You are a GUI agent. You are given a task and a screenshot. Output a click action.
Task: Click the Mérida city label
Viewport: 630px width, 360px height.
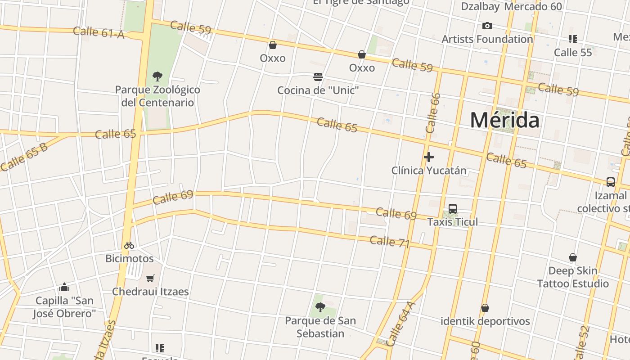click(x=504, y=120)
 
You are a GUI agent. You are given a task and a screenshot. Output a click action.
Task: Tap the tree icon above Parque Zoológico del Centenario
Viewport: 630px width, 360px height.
click(x=157, y=76)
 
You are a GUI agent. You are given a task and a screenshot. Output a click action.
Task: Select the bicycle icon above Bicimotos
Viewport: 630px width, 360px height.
click(x=129, y=245)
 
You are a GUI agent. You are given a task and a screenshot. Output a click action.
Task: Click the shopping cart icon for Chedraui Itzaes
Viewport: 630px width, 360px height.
click(x=150, y=278)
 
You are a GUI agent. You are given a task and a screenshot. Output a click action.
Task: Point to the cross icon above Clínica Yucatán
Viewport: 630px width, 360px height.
click(x=429, y=157)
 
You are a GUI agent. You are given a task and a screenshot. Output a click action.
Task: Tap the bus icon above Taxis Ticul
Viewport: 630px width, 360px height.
click(x=453, y=209)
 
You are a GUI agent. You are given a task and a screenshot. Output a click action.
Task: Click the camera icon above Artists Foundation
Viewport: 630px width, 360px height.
click(x=487, y=26)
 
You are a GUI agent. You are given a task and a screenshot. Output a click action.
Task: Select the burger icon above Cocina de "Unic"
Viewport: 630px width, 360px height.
click(x=318, y=77)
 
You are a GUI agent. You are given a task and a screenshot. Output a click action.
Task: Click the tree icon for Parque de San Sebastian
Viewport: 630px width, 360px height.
click(x=320, y=307)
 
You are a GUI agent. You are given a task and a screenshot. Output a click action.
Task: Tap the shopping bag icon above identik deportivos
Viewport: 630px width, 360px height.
click(x=485, y=308)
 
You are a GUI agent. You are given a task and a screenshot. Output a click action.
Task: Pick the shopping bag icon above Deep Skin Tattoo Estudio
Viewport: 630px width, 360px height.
click(x=573, y=257)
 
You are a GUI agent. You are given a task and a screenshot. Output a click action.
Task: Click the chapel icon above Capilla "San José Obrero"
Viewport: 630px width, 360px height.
click(x=64, y=287)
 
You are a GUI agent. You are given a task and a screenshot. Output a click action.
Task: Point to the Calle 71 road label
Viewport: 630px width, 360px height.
click(x=389, y=242)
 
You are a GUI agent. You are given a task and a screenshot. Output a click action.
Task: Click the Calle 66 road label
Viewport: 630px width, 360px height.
click(x=432, y=113)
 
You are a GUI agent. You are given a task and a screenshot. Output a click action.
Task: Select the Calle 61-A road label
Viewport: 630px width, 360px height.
click(x=98, y=32)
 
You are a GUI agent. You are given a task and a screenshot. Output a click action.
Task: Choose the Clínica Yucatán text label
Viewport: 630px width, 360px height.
click(x=429, y=171)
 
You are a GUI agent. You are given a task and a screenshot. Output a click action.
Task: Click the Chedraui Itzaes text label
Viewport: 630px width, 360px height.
click(x=150, y=292)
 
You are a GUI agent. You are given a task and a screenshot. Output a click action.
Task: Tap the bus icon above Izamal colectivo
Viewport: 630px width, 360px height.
click(x=610, y=182)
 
